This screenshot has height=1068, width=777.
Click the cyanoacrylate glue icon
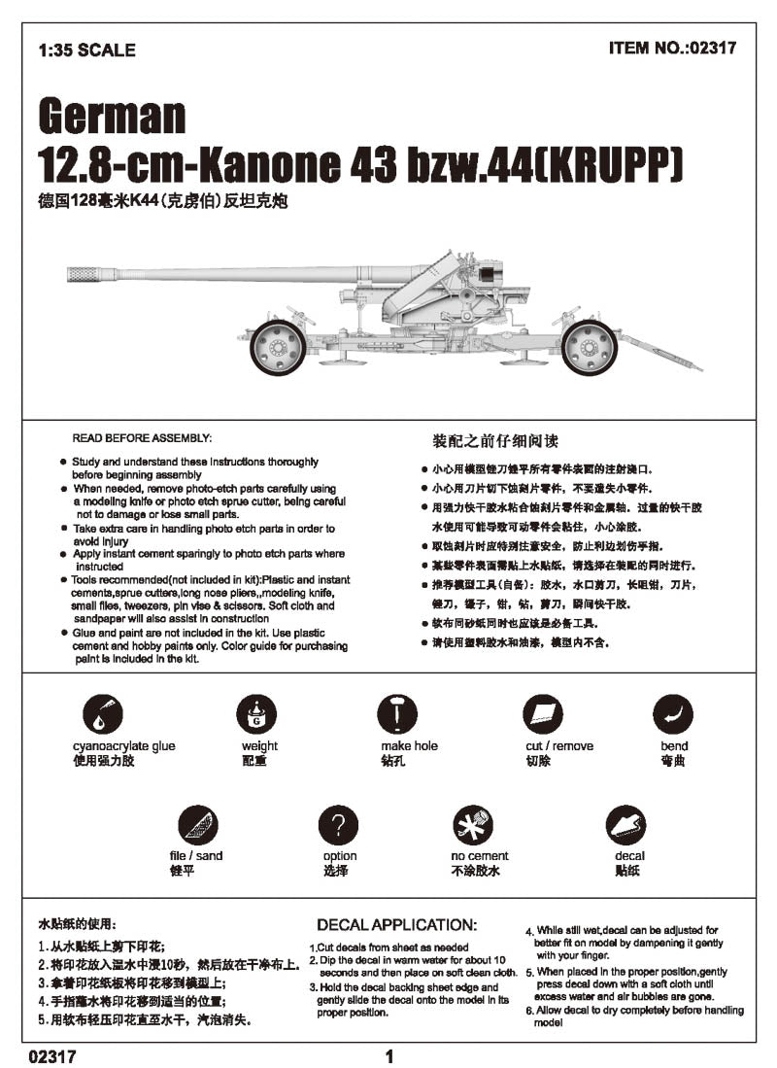[103, 715]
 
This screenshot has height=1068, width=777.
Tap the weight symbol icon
[256, 716]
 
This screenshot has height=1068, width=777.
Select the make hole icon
[396, 715]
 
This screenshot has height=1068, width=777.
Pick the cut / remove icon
[544, 715]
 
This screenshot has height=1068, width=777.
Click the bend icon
[672, 715]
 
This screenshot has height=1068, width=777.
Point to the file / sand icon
[197, 826]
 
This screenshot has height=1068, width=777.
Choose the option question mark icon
[338, 826]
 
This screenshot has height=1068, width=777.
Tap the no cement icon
[473, 826]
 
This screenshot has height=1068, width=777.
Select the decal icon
[625, 826]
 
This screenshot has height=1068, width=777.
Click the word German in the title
[112, 117]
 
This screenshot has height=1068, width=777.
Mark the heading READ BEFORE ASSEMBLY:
[142, 438]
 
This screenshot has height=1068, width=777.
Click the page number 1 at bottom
[388, 1056]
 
